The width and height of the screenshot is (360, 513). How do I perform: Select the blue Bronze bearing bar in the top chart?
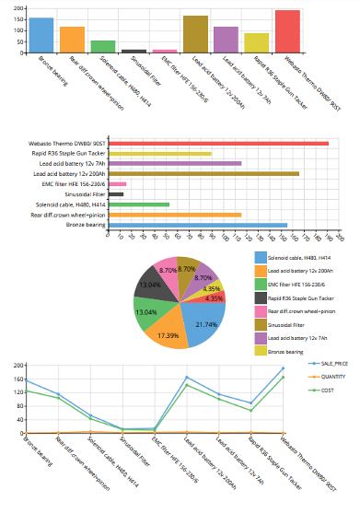tap(41, 35)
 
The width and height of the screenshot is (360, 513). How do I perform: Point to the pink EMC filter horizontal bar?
tap(117, 183)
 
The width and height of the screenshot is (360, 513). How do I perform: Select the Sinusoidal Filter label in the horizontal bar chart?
tap(83, 194)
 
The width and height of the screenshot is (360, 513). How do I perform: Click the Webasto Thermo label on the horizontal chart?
tap(70, 143)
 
